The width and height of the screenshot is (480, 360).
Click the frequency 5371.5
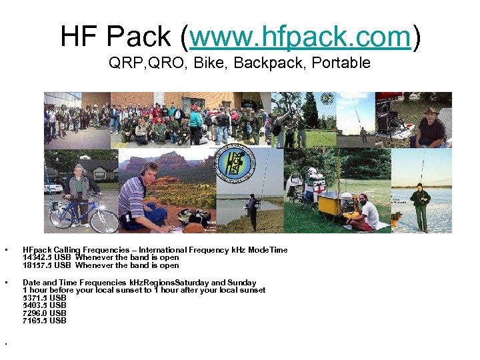tap(35, 298)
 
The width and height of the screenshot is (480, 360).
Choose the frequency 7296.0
tap(35, 313)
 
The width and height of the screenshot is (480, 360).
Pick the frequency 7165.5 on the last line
tap(35, 321)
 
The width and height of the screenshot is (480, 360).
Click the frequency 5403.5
tap(35, 305)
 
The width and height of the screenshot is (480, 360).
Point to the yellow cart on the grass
tap(331, 205)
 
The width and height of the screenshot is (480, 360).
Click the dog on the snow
tap(398, 217)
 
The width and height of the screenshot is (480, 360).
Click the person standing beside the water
tap(252, 211)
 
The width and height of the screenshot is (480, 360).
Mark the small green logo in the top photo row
tap(327, 99)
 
